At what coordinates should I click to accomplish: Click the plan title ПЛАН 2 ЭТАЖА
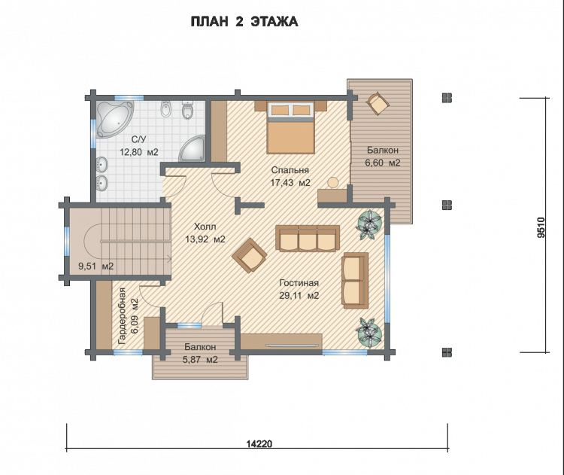tap(244, 22)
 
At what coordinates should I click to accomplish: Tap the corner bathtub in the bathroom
tap(113, 118)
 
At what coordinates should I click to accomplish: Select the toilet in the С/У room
tap(187, 109)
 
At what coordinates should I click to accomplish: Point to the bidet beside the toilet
tap(165, 108)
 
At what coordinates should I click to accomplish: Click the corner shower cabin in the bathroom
tap(193, 149)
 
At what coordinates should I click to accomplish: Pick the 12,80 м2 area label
tap(139, 152)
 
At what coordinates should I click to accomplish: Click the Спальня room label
tap(290, 170)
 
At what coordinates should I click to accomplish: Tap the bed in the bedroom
tap(290, 127)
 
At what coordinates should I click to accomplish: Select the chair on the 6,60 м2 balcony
tap(378, 102)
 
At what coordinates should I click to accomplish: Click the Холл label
tap(205, 227)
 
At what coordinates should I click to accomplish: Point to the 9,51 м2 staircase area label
tap(96, 266)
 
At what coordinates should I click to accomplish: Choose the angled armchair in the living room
tap(249, 255)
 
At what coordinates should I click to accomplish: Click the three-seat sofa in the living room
tap(308, 238)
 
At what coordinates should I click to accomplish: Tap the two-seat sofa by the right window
tap(355, 281)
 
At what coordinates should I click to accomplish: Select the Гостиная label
tap(299, 283)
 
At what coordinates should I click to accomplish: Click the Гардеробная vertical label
tap(122, 316)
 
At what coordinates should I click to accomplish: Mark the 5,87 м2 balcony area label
tap(200, 359)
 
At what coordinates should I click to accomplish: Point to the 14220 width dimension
tap(259, 443)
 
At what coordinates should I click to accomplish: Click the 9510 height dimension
tap(541, 227)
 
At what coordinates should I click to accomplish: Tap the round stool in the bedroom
tap(332, 183)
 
